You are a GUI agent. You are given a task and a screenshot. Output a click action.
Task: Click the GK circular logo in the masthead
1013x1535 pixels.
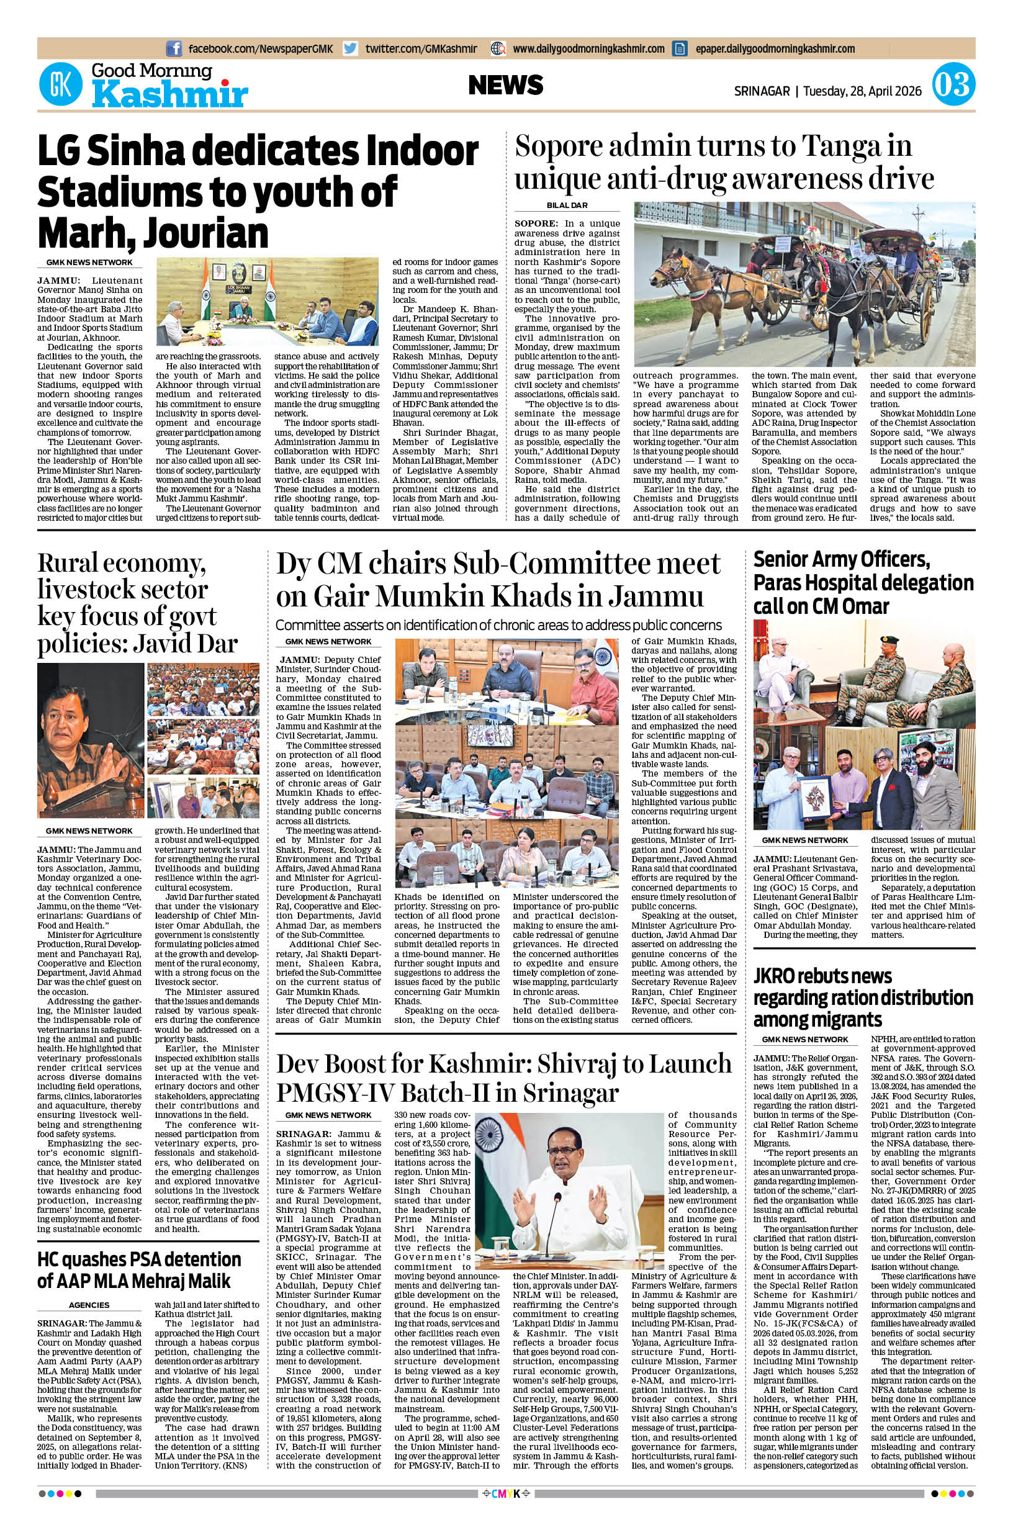(61, 84)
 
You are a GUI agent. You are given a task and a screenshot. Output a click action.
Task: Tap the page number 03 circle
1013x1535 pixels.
(953, 85)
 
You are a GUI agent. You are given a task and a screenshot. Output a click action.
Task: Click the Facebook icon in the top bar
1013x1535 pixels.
(174, 48)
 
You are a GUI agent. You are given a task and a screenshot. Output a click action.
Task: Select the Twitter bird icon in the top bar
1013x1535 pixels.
(350, 48)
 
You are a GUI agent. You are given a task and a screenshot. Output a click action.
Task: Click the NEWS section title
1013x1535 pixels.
(506, 84)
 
